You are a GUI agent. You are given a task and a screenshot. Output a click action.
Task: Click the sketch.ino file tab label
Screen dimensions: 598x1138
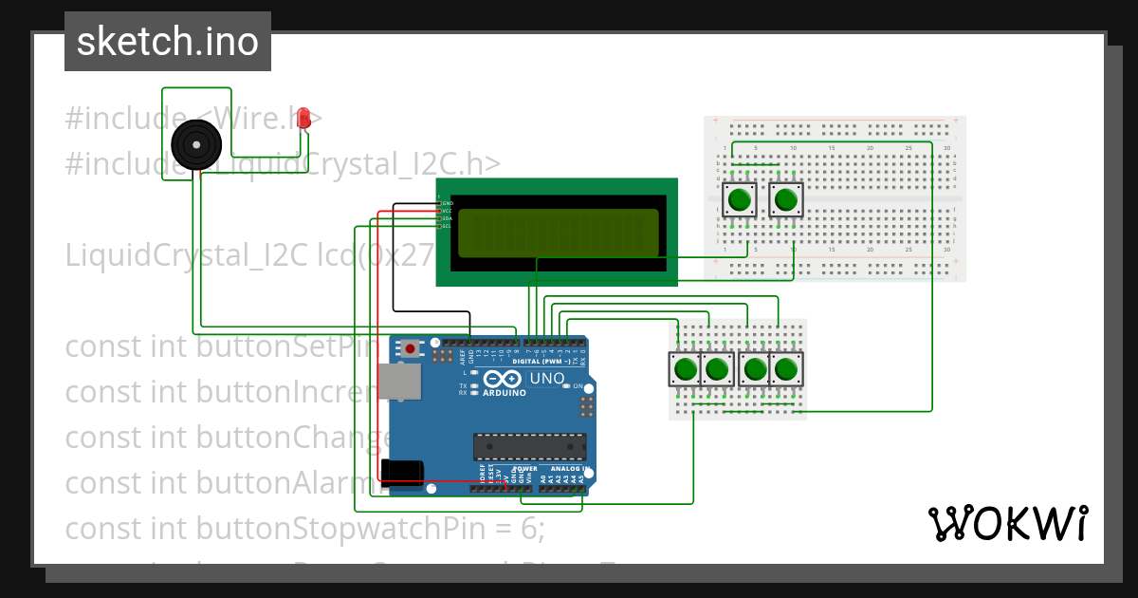[168, 42]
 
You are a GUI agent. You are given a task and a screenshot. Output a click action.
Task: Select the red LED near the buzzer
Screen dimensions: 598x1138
[303, 119]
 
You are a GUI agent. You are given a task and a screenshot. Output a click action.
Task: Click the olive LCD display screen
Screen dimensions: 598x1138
[558, 233]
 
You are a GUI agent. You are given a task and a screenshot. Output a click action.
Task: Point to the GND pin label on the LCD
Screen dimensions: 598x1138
[447, 203]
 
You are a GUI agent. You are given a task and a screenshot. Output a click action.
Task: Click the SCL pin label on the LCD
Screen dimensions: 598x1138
[447, 226]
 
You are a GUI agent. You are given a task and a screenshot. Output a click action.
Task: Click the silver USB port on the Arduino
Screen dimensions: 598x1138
[398, 381]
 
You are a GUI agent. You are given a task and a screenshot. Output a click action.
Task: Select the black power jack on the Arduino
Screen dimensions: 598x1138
[400, 472]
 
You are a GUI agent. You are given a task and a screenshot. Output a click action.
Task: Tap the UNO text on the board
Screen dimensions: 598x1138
[546, 379]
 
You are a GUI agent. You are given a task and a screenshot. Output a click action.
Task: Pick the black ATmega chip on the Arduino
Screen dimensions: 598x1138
[529, 447]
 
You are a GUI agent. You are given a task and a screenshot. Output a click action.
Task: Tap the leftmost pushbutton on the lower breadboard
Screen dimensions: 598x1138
[685, 368]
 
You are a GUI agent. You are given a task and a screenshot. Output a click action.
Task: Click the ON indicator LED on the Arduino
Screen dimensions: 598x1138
[566, 386]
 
